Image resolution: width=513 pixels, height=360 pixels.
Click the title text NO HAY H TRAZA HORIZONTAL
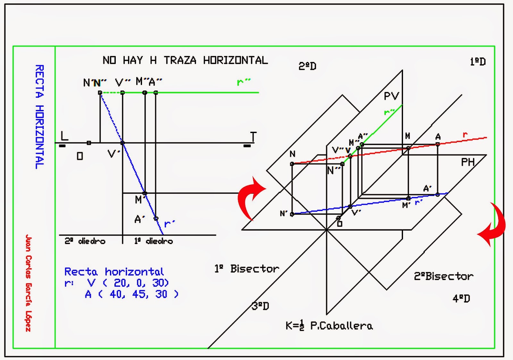(185, 60)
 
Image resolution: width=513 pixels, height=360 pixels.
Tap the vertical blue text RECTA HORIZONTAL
(39, 117)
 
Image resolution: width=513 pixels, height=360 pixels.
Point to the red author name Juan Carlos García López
(29, 283)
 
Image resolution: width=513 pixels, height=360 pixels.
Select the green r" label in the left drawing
(243, 82)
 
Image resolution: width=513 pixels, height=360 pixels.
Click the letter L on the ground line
(64, 136)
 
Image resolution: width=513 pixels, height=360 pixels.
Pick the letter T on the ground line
(253, 137)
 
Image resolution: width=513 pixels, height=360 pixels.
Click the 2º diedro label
(85, 241)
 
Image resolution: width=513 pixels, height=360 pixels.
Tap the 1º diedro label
(153, 241)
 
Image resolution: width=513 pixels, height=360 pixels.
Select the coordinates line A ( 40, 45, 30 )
(131, 294)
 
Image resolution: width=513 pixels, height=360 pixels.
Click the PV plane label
(391, 96)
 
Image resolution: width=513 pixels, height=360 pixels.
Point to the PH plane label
(468, 162)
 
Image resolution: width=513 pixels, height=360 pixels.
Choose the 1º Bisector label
(247, 269)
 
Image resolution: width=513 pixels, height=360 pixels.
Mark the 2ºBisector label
(443, 276)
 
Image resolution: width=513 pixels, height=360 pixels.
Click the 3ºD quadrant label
(260, 306)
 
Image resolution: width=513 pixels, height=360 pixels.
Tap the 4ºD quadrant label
(461, 299)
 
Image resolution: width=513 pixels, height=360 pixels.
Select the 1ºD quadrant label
(478, 62)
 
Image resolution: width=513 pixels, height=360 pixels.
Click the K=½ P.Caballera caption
(329, 326)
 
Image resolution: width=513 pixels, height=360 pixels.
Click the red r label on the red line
(465, 135)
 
